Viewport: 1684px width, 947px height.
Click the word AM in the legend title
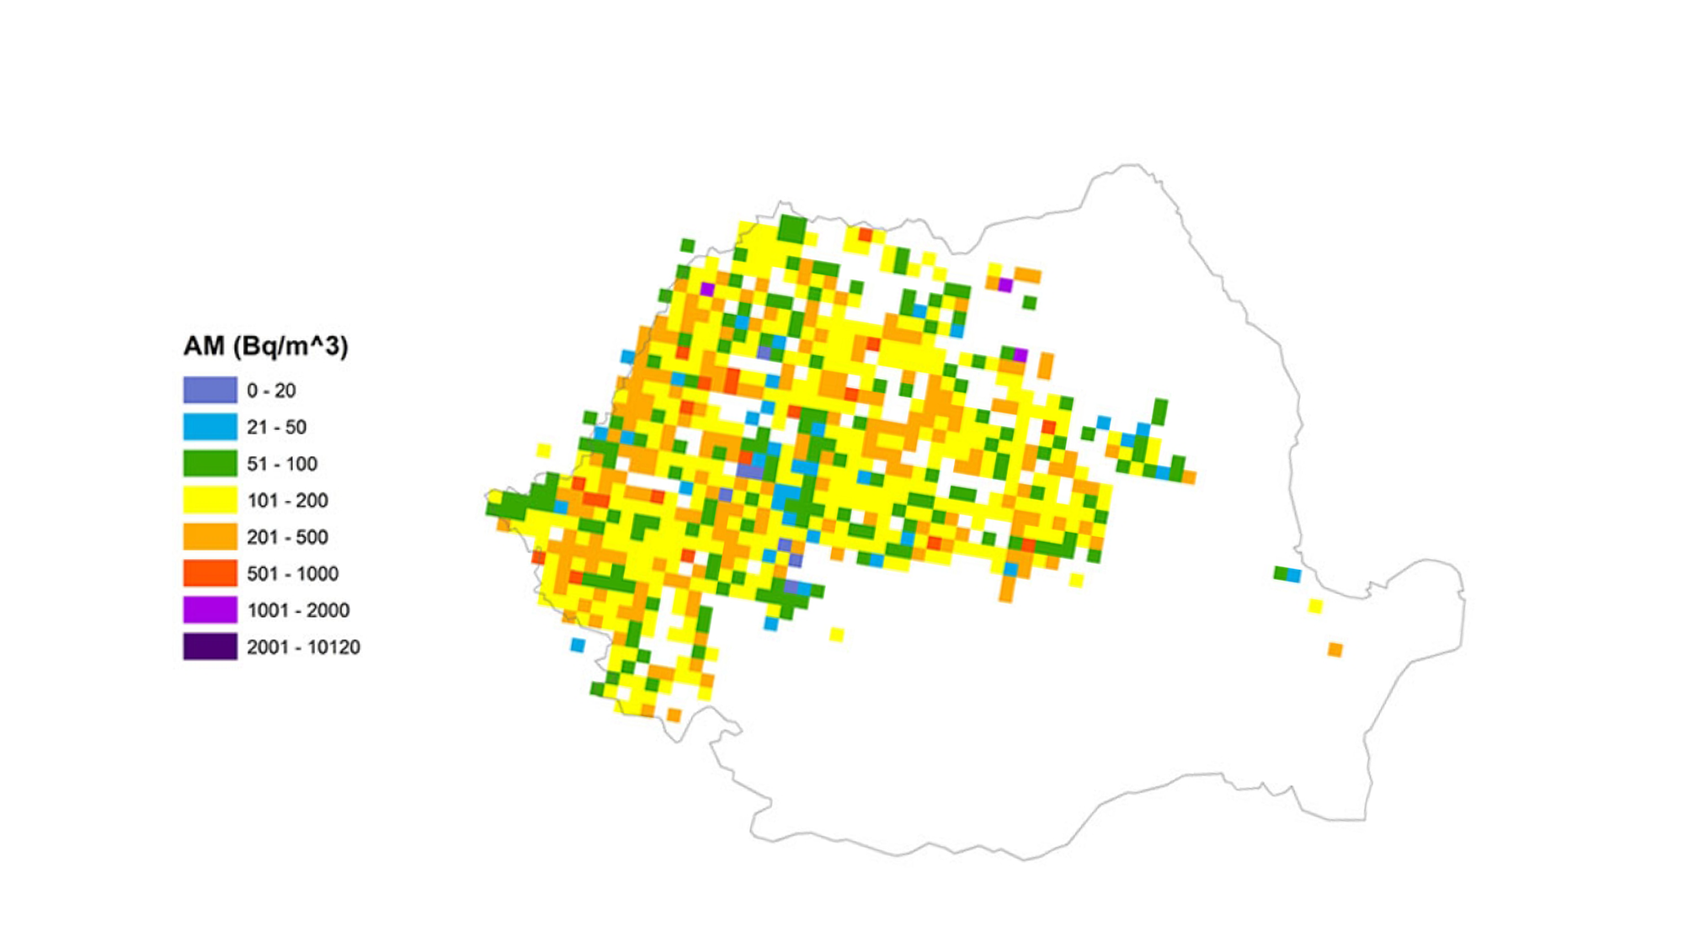(x=204, y=346)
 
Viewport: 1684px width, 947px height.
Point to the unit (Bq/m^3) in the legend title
(x=290, y=346)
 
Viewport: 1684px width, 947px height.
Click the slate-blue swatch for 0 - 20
(x=210, y=390)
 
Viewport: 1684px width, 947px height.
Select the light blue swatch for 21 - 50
(x=210, y=427)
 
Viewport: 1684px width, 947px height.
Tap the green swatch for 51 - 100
(x=210, y=463)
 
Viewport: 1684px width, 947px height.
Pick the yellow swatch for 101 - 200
(x=210, y=500)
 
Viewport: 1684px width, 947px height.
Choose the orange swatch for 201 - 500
(x=210, y=536)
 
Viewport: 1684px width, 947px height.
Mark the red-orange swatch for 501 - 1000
(x=210, y=573)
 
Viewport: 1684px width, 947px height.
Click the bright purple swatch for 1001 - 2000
(x=210, y=609)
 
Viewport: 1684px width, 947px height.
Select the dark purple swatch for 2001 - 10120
(x=210, y=646)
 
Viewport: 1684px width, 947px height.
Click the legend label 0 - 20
(x=271, y=391)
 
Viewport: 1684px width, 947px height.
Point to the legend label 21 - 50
(x=276, y=427)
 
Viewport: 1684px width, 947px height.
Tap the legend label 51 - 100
(x=282, y=464)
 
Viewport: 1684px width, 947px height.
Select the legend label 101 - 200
(x=287, y=500)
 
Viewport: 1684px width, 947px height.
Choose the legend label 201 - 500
(x=287, y=537)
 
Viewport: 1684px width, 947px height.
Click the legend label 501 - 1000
(x=292, y=574)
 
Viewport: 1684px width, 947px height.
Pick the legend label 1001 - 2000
(x=298, y=610)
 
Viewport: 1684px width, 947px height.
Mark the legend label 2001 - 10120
(x=303, y=647)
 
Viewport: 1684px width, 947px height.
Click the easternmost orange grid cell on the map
(x=1335, y=650)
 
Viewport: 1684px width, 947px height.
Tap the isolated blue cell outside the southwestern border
(x=578, y=646)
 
